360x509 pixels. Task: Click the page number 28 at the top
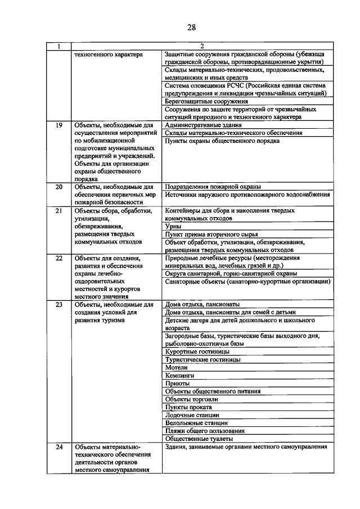coord(191,26)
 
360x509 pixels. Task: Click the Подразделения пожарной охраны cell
coord(214,186)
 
